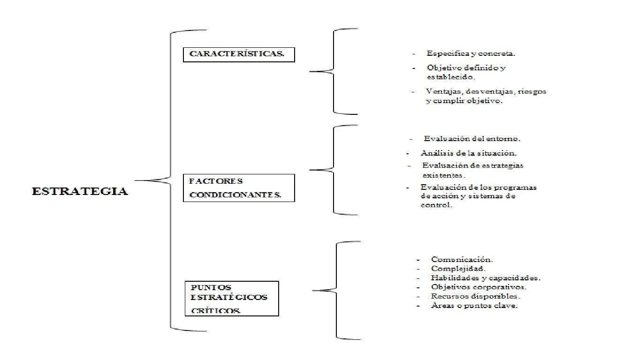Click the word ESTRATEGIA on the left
coord(80,191)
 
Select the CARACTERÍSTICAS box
coord(239,54)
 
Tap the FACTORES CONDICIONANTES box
coord(239,188)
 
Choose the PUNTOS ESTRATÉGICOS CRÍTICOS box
coord(232,298)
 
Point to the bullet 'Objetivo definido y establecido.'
coord(466,72)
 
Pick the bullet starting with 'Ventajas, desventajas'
coord(486,96)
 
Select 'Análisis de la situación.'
coord(469,153)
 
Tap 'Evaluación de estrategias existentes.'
coord(472,170)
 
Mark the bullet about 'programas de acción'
coord(478,196)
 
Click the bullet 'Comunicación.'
coord(462,259)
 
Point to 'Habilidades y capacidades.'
coord(486,278)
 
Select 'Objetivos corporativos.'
coord(478,287)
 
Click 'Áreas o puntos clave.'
coord(474,306)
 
